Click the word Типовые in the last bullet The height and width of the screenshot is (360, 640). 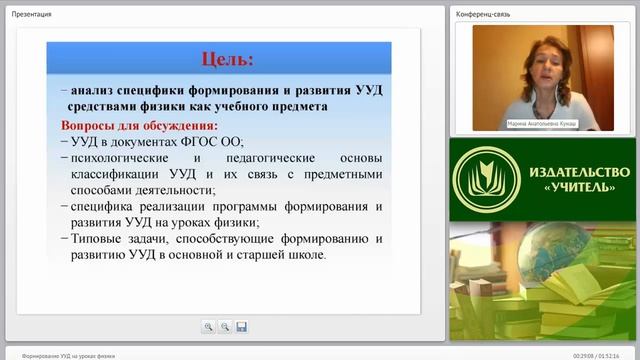pyautogui.click(x=98, y=238)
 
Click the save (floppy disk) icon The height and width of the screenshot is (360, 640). pyautogui.click(x=241, y=326)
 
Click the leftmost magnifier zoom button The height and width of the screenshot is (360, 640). pyautogui.click(x=208, y=326)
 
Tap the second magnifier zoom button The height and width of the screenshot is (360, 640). pyautogui.click(x=225, y=326)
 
